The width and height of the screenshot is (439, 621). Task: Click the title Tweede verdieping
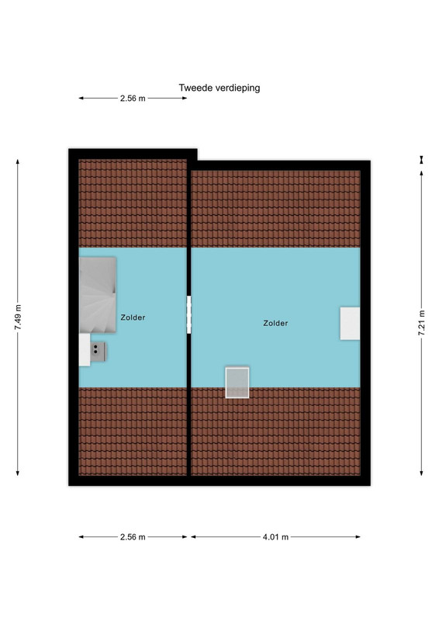(219, 88)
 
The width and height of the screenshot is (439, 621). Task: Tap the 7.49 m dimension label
(18, 317)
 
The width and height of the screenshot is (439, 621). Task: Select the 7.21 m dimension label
(422, 323)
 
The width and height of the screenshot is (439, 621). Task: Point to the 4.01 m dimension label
(275, 537)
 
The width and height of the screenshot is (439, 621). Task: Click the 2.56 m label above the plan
(133, 99)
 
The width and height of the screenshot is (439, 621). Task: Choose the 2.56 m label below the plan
(133, 537)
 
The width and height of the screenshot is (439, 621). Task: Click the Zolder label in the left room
(133, 317)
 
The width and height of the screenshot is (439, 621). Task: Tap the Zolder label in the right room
(275, 323)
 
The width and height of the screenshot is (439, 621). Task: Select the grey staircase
(98, 295)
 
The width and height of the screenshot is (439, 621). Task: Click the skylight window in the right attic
(237, 383)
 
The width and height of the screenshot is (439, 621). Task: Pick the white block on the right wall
(350, 323)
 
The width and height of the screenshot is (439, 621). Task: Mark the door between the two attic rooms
(188, 314)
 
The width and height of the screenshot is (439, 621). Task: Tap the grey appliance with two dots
(99, 352)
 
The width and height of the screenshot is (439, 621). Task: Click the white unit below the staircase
(85, 350)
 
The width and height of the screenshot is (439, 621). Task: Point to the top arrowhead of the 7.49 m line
(18, 161)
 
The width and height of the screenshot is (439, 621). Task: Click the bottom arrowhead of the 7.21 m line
(422, 473)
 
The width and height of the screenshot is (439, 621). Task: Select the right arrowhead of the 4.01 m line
(358, 537)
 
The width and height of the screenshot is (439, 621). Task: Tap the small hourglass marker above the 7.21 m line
(422, 160)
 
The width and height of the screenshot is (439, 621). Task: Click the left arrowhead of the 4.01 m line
(194, 537)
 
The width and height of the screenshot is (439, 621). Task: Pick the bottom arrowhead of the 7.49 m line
(18, 473)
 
